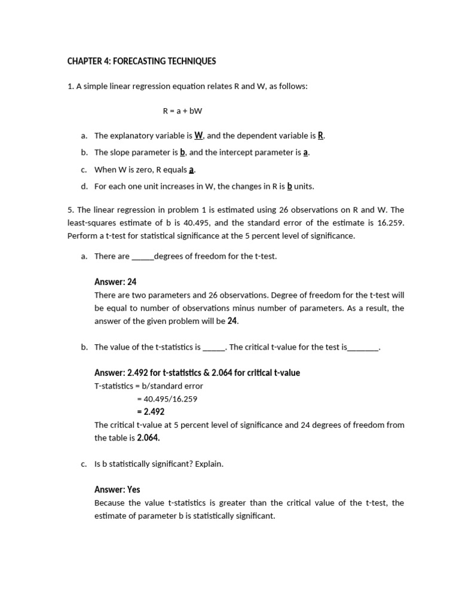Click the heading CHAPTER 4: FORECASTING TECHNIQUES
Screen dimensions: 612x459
141,62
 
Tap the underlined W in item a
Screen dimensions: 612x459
198,136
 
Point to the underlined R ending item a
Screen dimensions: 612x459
320,136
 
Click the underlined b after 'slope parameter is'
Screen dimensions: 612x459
183,152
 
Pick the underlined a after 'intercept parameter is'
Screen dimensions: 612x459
305,152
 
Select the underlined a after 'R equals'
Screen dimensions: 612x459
192,170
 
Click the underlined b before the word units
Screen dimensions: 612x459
289,186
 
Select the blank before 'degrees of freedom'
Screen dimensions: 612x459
142,257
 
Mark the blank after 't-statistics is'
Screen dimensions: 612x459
214,347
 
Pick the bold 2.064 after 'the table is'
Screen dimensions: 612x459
148,437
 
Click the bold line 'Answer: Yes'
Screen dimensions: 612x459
117,489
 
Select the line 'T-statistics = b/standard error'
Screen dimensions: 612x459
149,386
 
